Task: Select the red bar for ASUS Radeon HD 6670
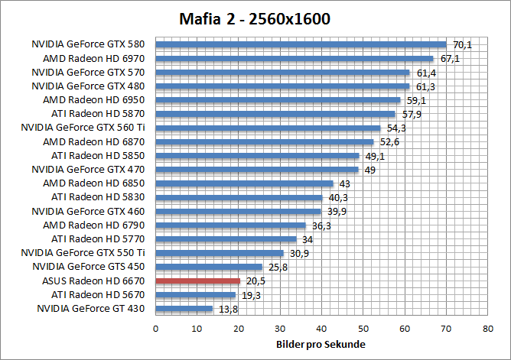tap(198, 281)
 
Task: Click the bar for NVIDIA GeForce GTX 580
tap(301, 44)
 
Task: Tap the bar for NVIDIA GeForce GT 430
tap(184, 309)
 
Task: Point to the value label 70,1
tap(462, 45)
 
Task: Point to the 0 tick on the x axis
tap(156, 328)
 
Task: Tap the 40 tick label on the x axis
tap(321, 328)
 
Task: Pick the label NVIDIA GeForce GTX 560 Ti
tap(83, 128)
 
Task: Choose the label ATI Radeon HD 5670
tap(100, 294)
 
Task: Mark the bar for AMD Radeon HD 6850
tap(245, 183)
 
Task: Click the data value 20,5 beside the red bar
tap(255, 281)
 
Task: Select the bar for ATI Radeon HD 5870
tap(275, 114)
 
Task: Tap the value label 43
tap(344, 184)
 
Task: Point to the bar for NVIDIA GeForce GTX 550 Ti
tap(220, 253)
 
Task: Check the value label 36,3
tap(321, 225)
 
